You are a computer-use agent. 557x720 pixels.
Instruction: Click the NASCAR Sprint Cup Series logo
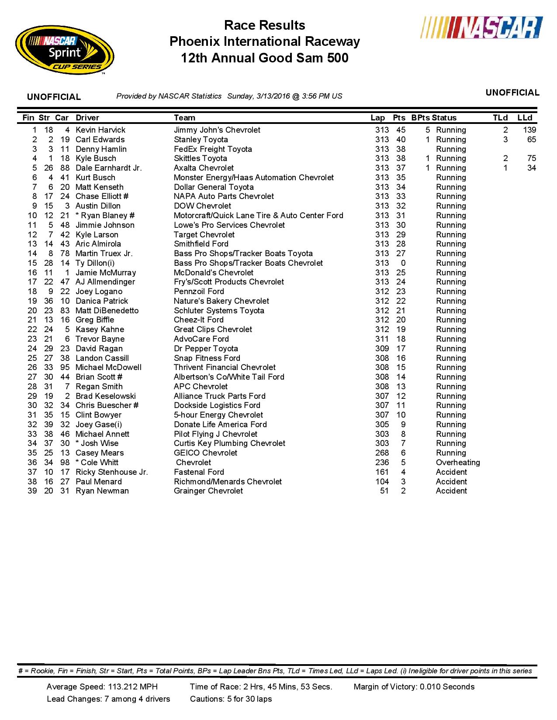tap(65, 50)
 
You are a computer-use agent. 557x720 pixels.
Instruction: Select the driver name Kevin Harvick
tap(100, 130)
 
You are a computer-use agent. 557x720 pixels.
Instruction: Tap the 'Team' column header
tap(184, 118)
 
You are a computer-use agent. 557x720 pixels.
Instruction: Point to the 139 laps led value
tap(529, 130)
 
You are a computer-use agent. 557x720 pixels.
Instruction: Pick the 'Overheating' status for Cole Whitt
tap(457, 463)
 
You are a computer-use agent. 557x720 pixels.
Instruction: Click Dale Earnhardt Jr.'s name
tap(108, 168)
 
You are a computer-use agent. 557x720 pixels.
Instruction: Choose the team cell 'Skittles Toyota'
tap(200, 158)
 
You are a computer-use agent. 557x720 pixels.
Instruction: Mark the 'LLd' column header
tap(525, 118)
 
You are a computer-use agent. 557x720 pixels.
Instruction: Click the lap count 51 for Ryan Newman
tap(384, 491)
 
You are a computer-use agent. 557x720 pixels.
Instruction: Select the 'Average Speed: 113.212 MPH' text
tap(102, 687)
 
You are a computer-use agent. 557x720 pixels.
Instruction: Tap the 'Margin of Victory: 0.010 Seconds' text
tap(414, 687)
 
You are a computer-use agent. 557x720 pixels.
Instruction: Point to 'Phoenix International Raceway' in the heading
tap(264, 41)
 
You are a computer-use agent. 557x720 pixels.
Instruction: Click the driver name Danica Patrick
tap(102, 301)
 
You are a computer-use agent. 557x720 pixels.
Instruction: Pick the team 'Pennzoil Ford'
tap(199, 291)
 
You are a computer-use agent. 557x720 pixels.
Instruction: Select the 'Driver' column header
tap(87, 118)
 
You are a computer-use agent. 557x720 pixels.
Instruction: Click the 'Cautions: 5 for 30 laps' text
tap(231, 699)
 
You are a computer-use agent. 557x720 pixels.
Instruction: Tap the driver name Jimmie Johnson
tap(105, 225)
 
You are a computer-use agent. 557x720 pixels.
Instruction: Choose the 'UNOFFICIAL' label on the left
tap(54, 97)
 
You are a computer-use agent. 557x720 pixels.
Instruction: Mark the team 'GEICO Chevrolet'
tap(205, 453)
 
